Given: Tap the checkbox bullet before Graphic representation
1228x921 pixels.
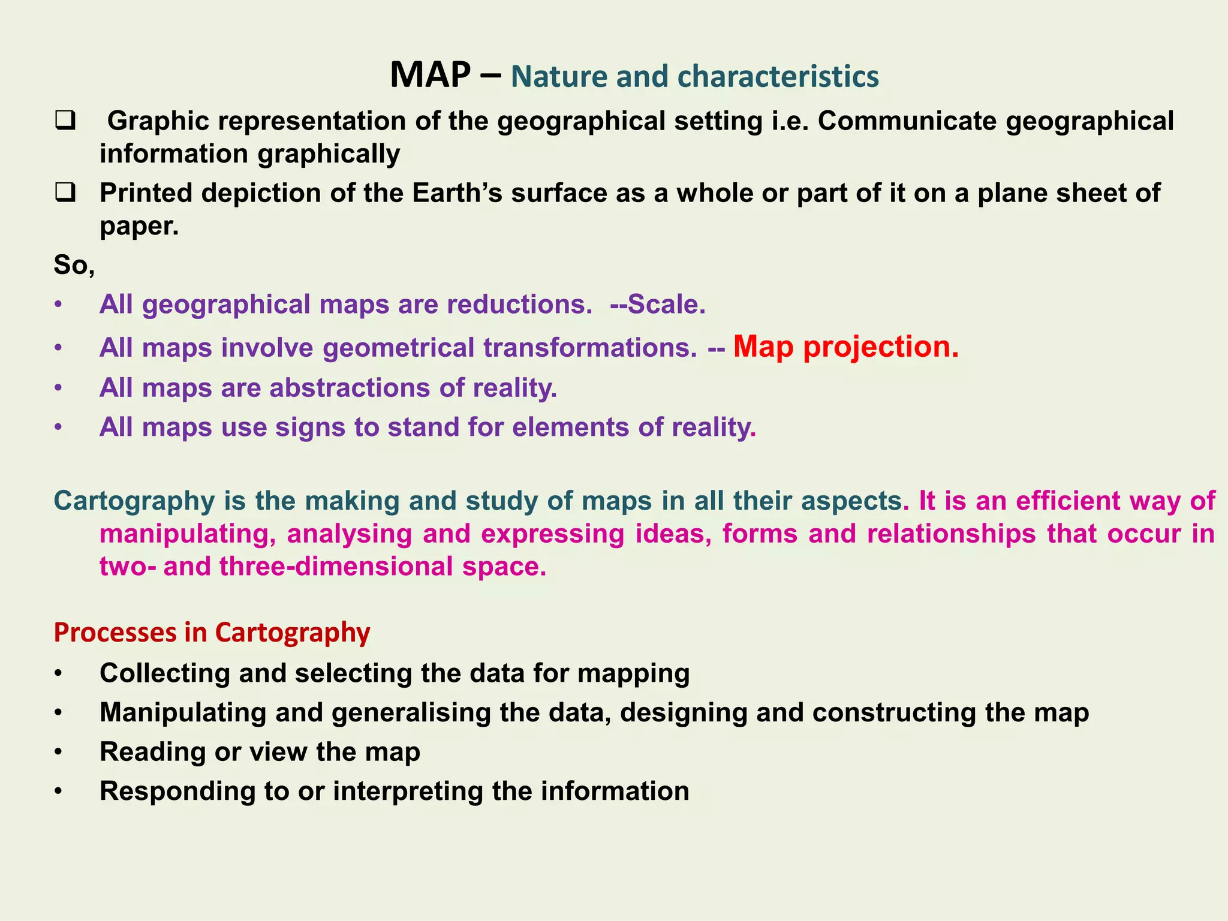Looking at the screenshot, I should click(64, 121).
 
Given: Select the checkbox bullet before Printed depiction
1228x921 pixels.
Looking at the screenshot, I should click(64, 193).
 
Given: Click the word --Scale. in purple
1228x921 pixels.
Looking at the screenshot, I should click(658, 305).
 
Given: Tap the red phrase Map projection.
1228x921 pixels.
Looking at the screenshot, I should click(845, 347).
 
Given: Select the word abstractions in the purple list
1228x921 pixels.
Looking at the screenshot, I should click(350, 388).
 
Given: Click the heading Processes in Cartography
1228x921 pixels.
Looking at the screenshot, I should click(212, 633).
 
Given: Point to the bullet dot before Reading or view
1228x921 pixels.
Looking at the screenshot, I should click(58, 752).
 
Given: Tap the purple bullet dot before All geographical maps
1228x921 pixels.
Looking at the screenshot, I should click(58, 305).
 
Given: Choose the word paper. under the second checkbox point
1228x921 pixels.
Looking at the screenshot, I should click(139, 226).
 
